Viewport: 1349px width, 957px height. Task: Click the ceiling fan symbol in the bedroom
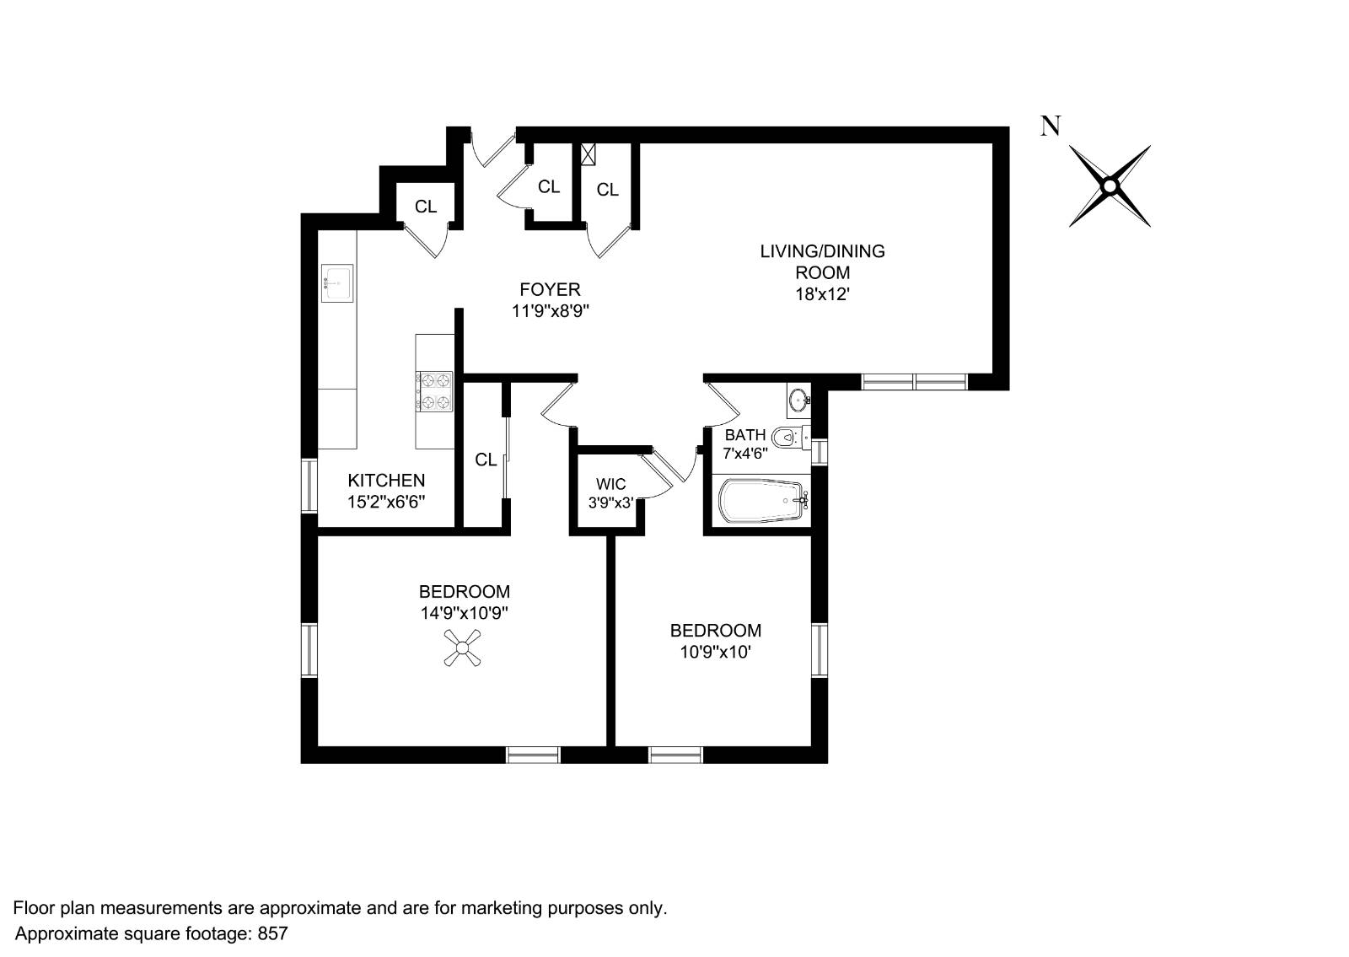pyautogui.click(x=463, y=648)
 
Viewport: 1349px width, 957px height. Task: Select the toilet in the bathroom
pyautogui.click(x=785, y=437)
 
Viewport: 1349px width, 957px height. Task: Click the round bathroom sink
pyautogui.click(x=798, y=400)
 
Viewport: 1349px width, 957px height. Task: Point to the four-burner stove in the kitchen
pyautogui.click(x=434, y=392)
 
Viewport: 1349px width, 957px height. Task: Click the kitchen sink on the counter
pyautogui.click(x=337, y=282)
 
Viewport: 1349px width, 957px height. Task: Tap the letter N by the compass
pyautogui.click(x=1050, y=127)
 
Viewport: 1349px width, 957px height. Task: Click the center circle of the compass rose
pyautogui.click(x=1110, y=186)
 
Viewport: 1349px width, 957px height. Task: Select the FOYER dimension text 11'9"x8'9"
pyautogui.click(x=550, y=311)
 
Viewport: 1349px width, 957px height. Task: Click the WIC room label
pyautogui.click(x=610, y=484)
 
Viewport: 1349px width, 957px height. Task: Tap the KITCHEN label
pyautogui.click(x=386, y=481)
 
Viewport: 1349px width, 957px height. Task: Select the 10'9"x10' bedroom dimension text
pyautogui.click(x=715, y=652)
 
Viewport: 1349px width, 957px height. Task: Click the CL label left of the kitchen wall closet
pyautogui.click(x=426, y=207)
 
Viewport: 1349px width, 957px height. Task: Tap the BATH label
pyautogui.click(x=745, y=435)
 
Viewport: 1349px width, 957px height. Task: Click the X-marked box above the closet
pyautogui.click(x=589, y=154)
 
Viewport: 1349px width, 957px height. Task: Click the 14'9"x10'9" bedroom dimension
pyautogui.click(x=464, y=613)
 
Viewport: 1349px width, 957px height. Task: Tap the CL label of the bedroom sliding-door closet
pyautogui.click(x=486, y=460)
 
